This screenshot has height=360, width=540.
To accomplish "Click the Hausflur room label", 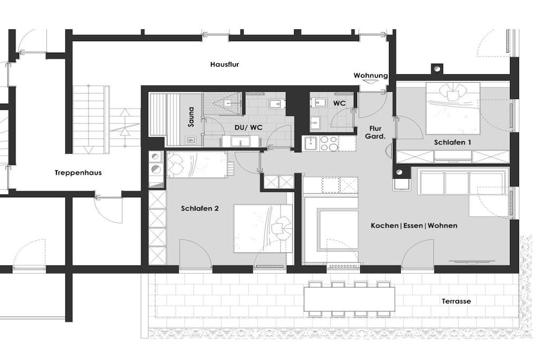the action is [x=225, y=64].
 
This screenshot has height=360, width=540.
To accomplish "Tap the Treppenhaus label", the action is [x=78, y=173].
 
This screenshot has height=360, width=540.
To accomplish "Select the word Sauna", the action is [x=191, y=116].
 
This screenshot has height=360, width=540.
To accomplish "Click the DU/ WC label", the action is [x=248, y=128].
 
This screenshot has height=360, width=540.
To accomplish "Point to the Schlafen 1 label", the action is [x=452, y=142].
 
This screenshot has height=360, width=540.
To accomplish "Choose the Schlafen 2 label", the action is [x=200, y=208].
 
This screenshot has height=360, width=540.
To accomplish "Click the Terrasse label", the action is [x=456, y=301].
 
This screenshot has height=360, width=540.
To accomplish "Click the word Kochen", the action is [x=384, y=226].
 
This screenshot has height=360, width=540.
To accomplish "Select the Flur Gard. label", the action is [x=375, y=132].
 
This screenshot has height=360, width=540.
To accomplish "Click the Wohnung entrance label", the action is [x=371, y=75].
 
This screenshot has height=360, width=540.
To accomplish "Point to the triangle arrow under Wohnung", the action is [x=371, y=82].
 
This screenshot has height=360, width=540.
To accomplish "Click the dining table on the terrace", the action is [x=349, y=298].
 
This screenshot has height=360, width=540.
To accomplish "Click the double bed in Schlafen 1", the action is [x=453, y=108].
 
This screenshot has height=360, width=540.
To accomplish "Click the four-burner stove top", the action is [x=329, y=143].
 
